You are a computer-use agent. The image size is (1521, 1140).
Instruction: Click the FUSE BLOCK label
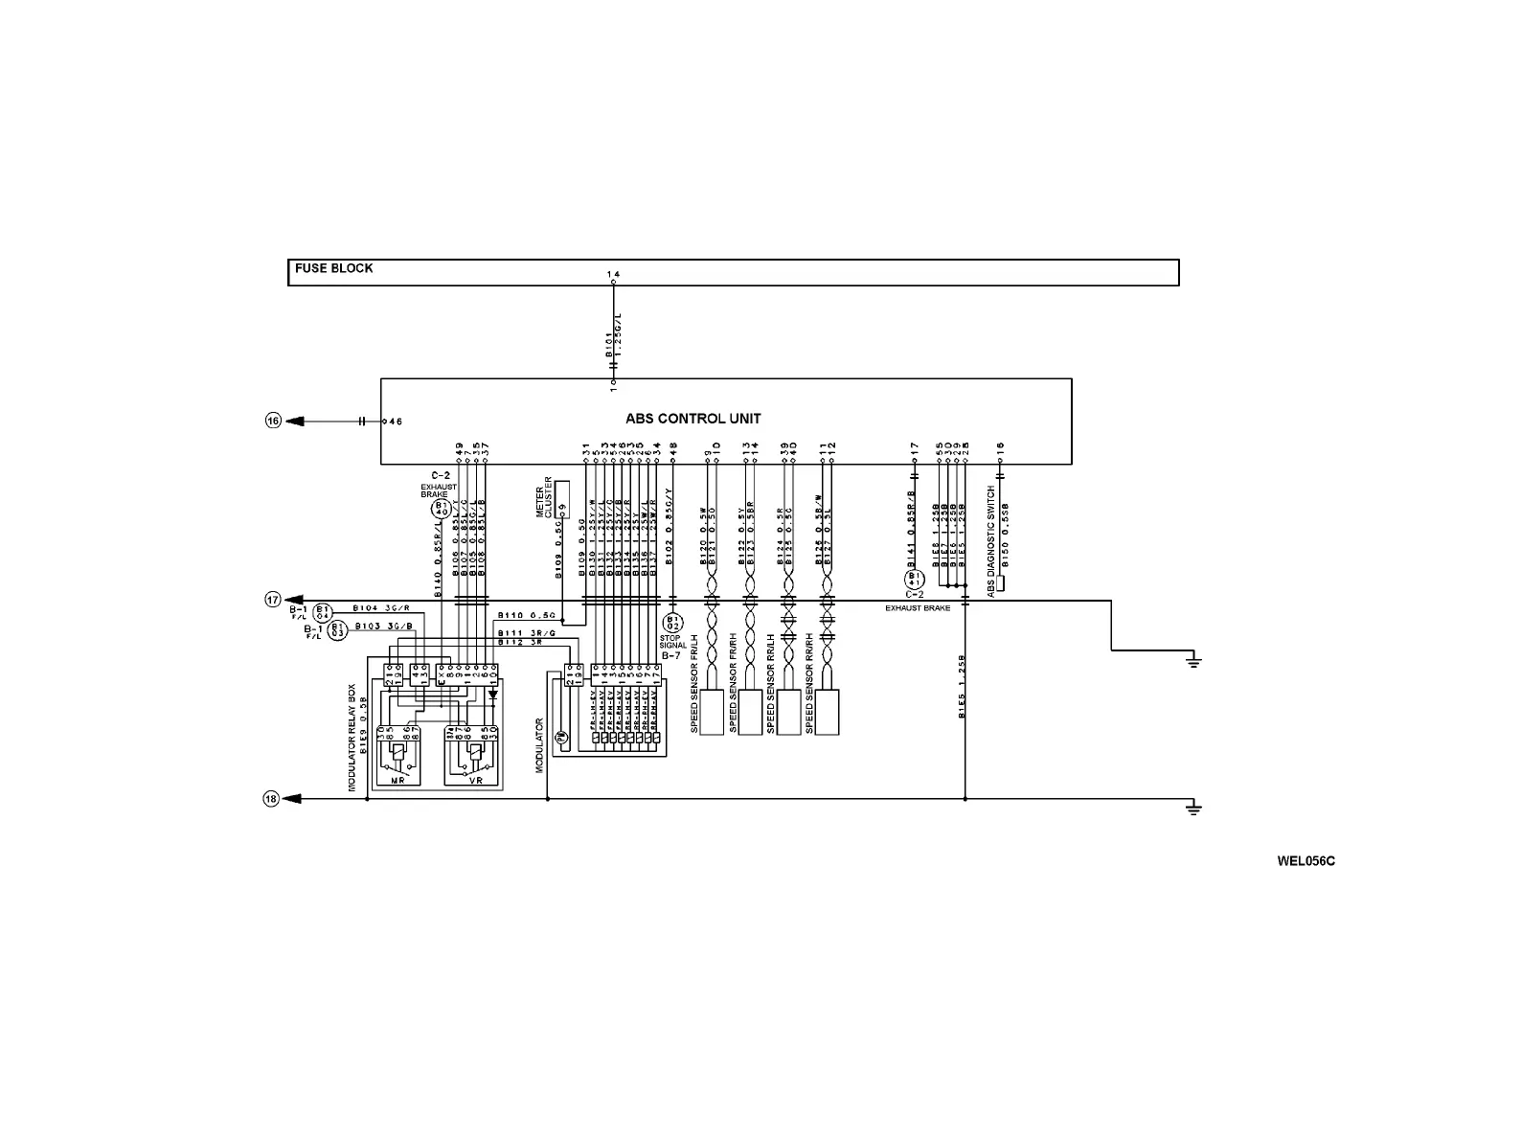point(333,268)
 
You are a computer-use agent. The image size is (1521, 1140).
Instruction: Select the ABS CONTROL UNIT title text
point(693,419)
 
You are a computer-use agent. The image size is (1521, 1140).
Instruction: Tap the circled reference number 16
point(273,421)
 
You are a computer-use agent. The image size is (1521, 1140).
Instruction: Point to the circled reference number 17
point(273,600)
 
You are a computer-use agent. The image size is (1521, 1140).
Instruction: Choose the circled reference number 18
point(271,799)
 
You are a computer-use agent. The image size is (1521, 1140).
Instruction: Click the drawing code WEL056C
point(1305,861)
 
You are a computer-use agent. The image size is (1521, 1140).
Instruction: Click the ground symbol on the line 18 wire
point(1192,808)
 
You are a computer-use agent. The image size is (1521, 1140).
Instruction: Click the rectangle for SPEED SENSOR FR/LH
point(712,712)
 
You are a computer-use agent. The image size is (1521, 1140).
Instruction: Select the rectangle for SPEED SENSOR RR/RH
point(827,712)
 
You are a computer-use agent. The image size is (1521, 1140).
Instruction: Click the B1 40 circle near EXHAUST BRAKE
point(441,509)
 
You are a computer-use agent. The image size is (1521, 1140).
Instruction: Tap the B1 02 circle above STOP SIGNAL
point(672,624)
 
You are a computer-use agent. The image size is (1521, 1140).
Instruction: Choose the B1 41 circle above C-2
point(914,580)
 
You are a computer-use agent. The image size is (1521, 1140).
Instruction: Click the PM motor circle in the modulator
point(561,737)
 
